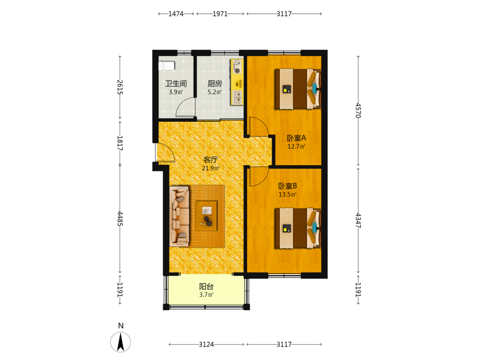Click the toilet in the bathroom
167,66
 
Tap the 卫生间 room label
176,84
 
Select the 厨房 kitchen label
215,84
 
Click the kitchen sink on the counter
237,97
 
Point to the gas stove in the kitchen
237,67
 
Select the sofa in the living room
180,216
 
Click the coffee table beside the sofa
206,216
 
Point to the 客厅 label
211,160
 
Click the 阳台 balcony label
206,287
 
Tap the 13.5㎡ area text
288,194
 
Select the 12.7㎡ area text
296,146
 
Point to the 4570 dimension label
358,110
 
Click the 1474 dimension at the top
176,14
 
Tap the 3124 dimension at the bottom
206,344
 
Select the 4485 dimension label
120,218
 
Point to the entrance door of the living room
165,152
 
